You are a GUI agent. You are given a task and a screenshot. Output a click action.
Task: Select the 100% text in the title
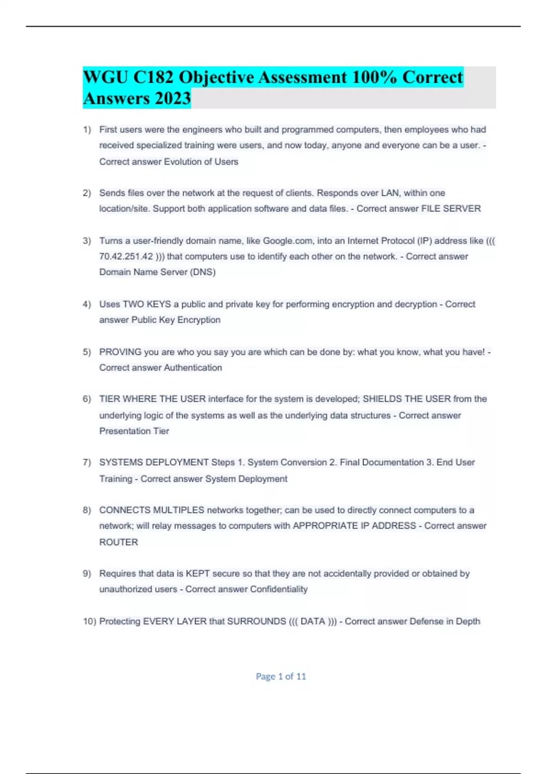click(x=374, y=77)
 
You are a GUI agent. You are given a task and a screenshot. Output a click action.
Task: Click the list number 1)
click(x=87, y=130)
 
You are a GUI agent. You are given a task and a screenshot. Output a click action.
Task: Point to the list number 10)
click(x=89, y=621)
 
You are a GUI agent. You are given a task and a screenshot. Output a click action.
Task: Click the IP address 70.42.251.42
click(x=126, y=257)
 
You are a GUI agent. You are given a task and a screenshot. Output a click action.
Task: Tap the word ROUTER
click(x=119, y=542)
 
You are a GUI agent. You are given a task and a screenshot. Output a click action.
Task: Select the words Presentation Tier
click(x=134, y=431)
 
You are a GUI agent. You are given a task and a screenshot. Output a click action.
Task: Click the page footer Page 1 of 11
click(x=281, y=677)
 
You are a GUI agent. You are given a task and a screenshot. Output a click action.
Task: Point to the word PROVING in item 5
click(x=120, y=352)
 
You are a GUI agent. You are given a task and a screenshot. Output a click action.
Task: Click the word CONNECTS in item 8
click(x=125, y=510)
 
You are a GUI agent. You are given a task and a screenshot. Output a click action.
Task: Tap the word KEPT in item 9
click(x=197, y=574)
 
